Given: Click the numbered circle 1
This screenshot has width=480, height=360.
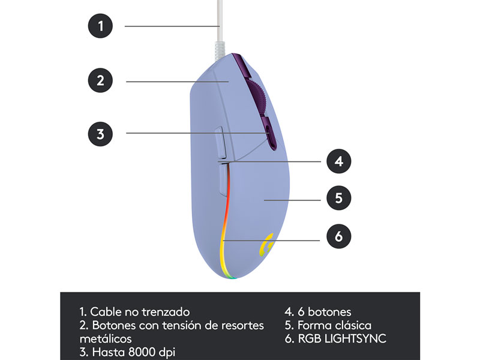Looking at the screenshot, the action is pos(100,26).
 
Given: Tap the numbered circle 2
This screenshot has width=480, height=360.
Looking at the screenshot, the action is pos(100,80).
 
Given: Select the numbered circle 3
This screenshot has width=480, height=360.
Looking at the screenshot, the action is pos(100,134).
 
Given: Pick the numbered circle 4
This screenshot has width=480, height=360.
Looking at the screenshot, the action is pos(338,161).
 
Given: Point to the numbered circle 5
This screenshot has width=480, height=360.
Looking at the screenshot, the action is pos(338,198).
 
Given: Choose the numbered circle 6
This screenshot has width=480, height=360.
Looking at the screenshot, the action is pos(338,236).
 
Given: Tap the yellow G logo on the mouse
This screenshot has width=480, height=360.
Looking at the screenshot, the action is pos(266,245).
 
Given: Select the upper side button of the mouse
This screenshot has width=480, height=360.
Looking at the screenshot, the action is pos(221,143).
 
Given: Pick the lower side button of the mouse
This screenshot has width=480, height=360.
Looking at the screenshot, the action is pos(223,179).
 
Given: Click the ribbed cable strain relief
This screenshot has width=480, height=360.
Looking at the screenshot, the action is pos(220,50).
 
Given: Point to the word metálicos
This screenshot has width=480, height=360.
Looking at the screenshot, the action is pos(106,339).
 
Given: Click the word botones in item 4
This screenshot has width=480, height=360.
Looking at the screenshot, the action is pos(329,312).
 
